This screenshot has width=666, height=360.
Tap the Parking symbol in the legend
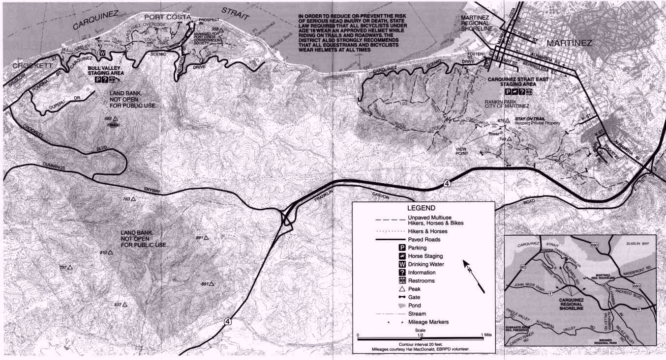tap(401, 248)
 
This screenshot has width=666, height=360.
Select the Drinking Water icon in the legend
tap(401, 264)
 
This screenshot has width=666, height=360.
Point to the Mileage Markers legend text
tap(428, 322)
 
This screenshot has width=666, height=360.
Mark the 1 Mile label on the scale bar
tap(486, 334)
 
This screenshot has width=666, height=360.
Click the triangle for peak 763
tap(132, 199)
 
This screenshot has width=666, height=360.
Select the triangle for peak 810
tap(111, 252)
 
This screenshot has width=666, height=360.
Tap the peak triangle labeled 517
tap(125, 305)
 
